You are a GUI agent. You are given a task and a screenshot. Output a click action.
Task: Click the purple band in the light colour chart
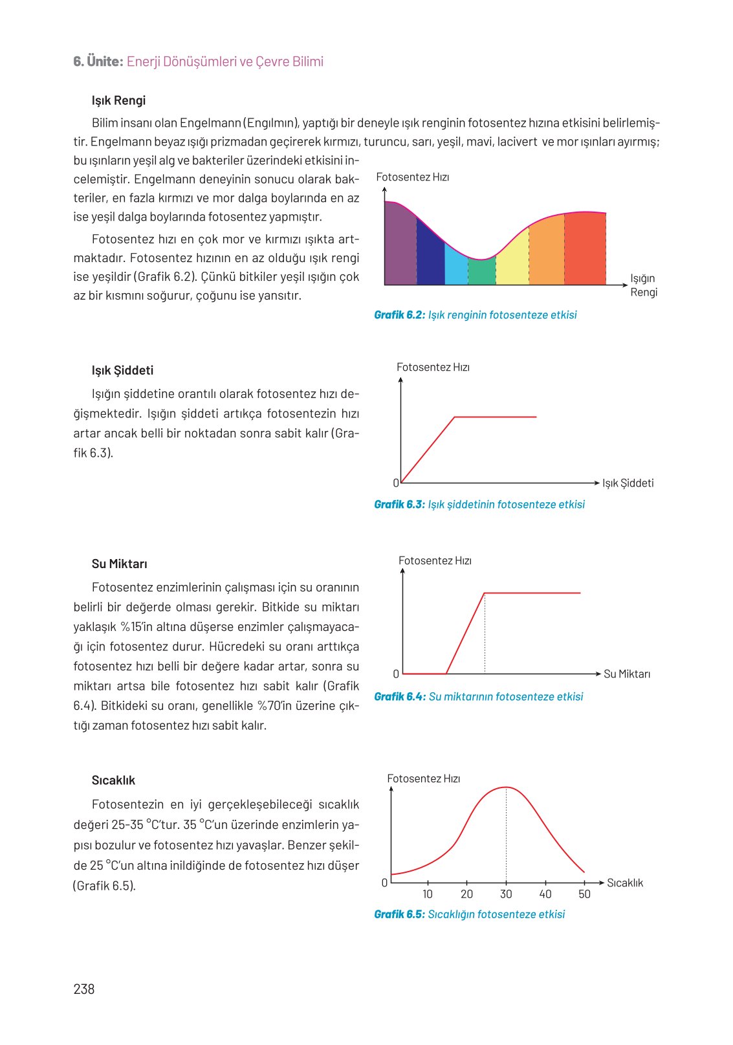pos(400,246)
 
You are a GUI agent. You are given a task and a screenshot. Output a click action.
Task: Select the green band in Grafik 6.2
pos(482,272)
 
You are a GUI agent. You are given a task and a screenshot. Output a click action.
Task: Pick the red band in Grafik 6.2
pos(585,249)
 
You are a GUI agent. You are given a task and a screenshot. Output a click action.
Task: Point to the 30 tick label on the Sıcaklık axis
pos(506,894)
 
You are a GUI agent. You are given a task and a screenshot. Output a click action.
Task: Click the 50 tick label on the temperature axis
pos(584,894)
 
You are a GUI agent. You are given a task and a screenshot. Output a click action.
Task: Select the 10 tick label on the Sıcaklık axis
pos(428,894)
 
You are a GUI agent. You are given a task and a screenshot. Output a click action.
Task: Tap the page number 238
pos(84,989)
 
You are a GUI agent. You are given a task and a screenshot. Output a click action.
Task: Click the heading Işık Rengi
pos(118,100)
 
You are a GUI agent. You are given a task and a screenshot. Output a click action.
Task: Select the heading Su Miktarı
pos(119,564)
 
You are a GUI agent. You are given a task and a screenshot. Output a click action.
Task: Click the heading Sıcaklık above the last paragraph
pos(113,780)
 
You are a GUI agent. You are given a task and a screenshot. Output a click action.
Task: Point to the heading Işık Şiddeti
pos(122,370)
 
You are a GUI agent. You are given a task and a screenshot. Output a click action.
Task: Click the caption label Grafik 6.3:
pos(399,505)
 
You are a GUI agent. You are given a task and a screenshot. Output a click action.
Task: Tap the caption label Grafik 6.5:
pos(399,914)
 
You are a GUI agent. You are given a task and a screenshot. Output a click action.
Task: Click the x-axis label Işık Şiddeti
pos(628,483)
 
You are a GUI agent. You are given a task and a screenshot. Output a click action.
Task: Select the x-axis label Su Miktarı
pos(627,674)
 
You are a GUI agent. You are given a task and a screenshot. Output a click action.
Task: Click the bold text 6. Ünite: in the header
pos(98,61)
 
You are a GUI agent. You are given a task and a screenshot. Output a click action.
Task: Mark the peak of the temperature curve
pos(506,787)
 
